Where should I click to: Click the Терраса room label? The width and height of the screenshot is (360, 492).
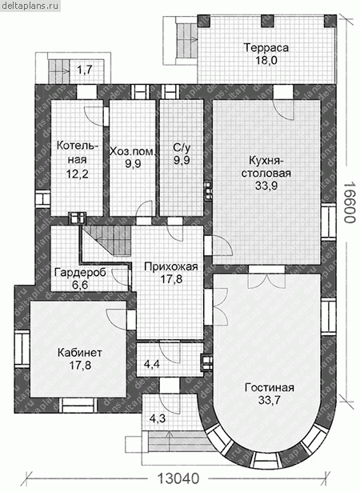pyautogui.click(x=266, y=48)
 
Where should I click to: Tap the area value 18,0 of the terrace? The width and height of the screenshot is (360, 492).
pyautogui.click(x=266, y=60)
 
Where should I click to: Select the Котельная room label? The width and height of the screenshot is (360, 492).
pyautogui.click(x=78, y=153)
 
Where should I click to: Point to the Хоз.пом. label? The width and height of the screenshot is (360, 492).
pyautogui.click(x=132, y=151)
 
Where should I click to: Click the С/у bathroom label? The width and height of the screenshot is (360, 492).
pyautogui.click(x=182, y=147)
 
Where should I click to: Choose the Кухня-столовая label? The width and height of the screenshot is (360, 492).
pyautogui.click(x=266, y=166)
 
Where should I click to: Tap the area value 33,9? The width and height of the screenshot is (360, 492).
pyautogui.click(x=266, y=186)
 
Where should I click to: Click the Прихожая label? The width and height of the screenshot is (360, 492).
pyautogui.click(x=171, y=266)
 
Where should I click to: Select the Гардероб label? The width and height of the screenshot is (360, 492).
pyautogui.click(x=80, y=272)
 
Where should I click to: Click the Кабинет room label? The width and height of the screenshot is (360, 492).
pyautogui.click(x=80, y=353)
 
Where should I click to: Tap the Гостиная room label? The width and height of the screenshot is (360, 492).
pyautogui.click(x=270, y=387)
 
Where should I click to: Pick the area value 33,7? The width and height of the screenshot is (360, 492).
pyautogui.click(x=269, y=400)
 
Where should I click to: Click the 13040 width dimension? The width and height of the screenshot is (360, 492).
pyautogui.click(x=178, y=479)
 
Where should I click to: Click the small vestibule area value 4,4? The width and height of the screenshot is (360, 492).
pyautogui.click(x=152, y=364)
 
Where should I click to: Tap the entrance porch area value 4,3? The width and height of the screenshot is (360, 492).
pyautogui.click(x=157, y=418)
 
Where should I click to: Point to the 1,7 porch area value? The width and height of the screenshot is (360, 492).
pyautogui.click(x=85, y=70)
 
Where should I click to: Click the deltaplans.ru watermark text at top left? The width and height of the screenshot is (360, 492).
pyautogui.click(x=30, y=6)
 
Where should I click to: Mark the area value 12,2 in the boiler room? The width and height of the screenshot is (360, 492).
pyautogui.click(x=78, y=174)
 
